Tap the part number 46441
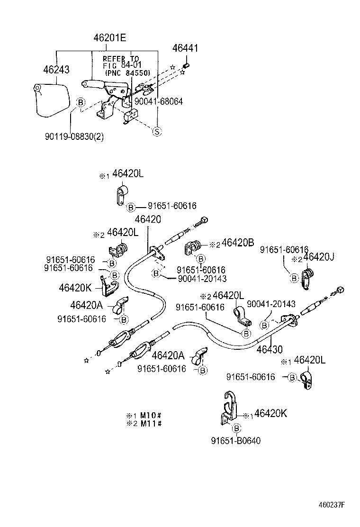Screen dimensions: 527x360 (185, 48)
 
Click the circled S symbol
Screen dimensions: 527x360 (156, 132)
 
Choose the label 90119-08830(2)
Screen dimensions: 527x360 (74, 136)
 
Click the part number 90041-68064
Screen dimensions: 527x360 (158, 101)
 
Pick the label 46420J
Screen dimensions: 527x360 (319, 257)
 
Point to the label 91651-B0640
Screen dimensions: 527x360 (235, 441)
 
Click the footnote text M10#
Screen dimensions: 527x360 (151, 415)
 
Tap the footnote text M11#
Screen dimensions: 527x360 (151, 423)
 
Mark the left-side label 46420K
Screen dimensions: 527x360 (75, 288)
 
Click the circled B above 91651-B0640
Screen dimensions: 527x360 (235, 428)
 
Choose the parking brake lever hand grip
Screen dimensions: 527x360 (92, 84)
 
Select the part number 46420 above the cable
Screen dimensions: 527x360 (148, 219)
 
